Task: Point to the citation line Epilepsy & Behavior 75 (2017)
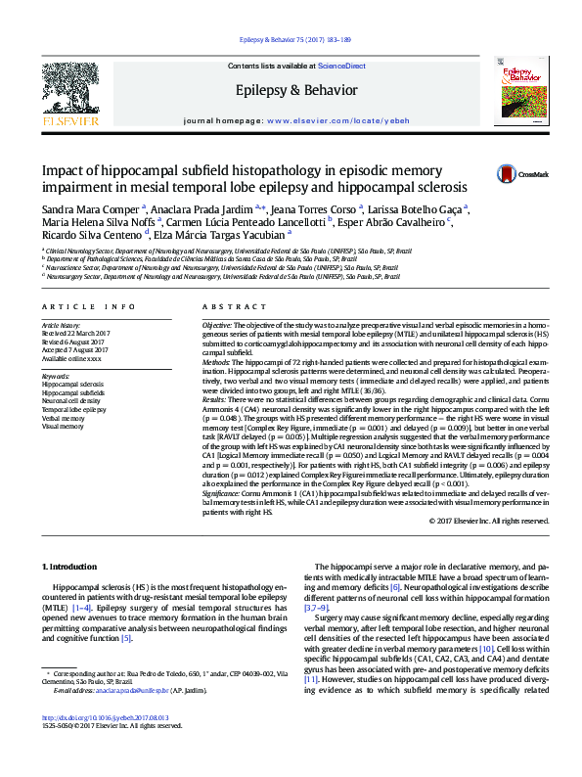[x=290, y=39]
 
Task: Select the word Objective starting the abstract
[x=217, y=323]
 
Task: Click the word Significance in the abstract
[x=223, y=490]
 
